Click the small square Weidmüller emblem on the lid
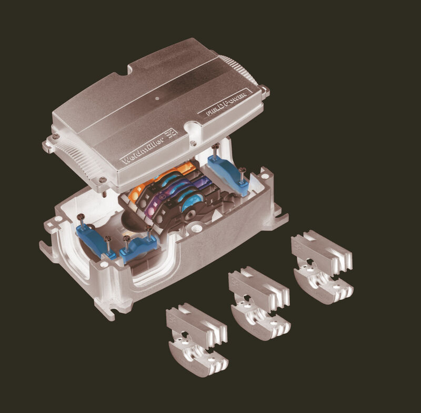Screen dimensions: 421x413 pos(172,132)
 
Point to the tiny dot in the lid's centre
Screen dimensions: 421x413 pos(157,98)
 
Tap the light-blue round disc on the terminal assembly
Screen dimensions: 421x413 pos(191,203)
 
